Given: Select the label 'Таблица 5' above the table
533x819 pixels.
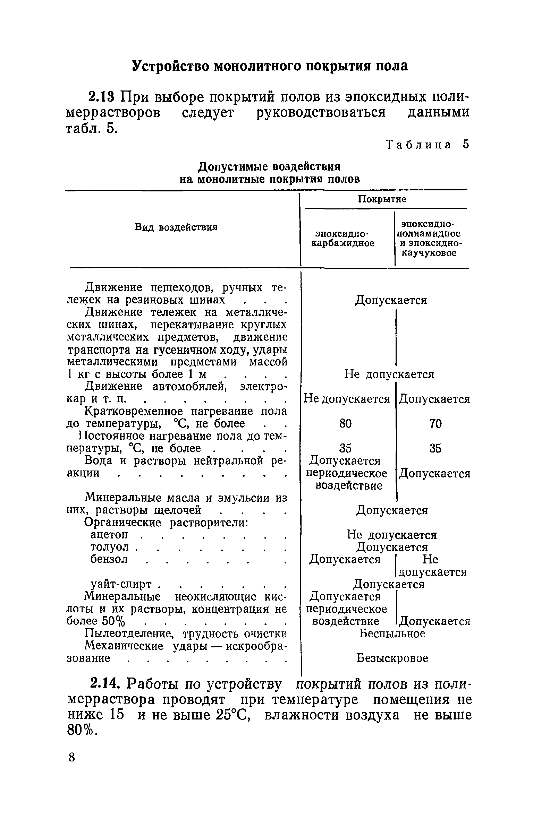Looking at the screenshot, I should [x=428, y=144].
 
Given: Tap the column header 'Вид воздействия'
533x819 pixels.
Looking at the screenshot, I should [x=176, y=227].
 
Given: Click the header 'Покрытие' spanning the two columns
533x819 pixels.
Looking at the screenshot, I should [x=382, y=199].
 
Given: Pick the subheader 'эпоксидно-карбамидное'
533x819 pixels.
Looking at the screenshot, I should [x=342, y=238].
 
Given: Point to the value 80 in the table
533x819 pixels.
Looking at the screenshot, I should [x=345, y=424].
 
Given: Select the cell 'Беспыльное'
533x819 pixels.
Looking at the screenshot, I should [x=392, y=633].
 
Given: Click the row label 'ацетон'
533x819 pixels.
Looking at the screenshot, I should [x=110, y=535].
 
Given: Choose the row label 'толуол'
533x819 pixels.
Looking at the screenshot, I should [x=110, y=547].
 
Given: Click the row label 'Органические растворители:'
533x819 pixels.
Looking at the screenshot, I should [x=166, y=523].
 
